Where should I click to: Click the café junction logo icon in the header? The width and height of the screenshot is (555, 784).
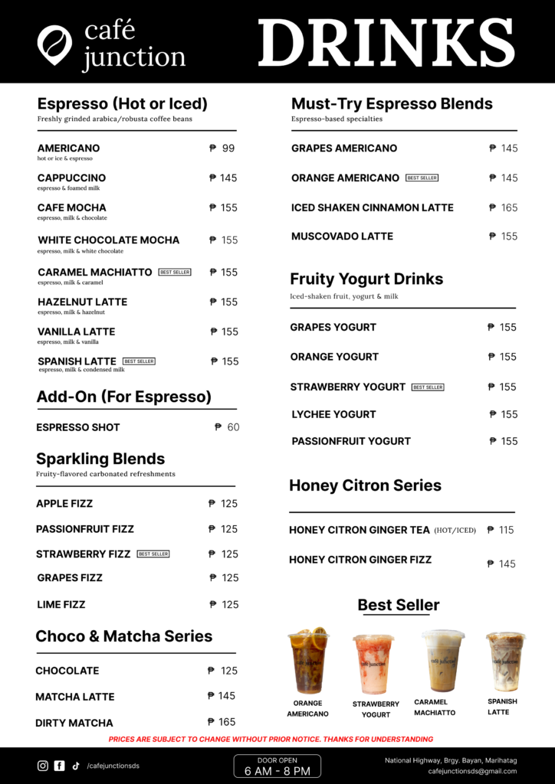tap(54, 44)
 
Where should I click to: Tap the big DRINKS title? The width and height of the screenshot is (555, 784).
tap(386, 42)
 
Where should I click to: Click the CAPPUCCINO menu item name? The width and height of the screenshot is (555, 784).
tap(71, 178)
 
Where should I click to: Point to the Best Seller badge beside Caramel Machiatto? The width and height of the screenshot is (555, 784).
tap(175, 272)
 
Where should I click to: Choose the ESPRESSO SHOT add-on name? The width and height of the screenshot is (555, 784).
tap(78, 427)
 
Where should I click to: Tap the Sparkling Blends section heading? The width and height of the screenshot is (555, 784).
tap(100, 459)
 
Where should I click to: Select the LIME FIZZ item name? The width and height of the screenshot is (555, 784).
tap(61, 605)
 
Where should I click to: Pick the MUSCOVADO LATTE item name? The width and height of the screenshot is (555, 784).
tap(342, 237)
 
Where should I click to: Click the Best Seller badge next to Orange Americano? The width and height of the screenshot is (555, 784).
tap(422, 178)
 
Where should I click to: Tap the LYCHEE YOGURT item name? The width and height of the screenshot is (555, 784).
tap(333, 414)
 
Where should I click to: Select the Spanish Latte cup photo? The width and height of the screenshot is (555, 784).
tap(505, 661)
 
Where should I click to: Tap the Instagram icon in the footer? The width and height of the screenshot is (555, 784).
tap(43, 766)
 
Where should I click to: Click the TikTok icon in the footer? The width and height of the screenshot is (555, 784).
tap(76, 766)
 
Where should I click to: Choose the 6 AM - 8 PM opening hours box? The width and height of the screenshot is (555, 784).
tap(277, 766)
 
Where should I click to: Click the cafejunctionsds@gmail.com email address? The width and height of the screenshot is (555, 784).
tap(472, 771)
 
